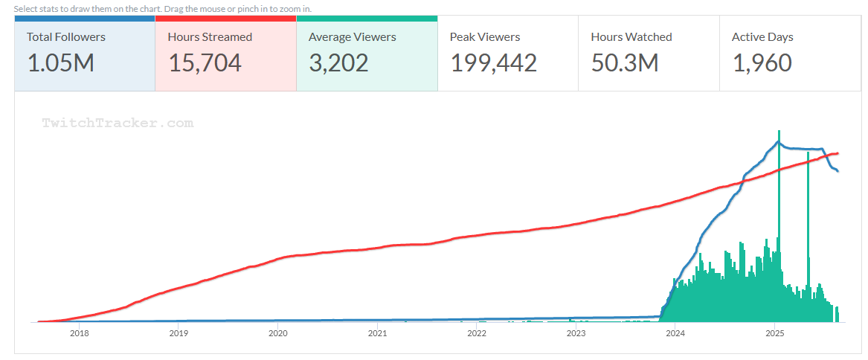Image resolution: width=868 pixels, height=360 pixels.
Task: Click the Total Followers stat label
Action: pos(66,36)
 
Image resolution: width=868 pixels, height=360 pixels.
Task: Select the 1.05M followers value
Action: pos(61,63)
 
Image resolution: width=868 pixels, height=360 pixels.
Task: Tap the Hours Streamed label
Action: pos(210,36)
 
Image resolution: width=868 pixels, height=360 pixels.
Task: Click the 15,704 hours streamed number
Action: pos(205,63)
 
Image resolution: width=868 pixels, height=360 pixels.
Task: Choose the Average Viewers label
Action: pos(353,36)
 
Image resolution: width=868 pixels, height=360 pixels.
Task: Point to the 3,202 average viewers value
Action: pos(338,63)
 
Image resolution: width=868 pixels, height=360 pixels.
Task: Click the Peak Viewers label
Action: pos(485,36)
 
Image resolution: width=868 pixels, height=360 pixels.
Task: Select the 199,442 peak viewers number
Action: pos(494,63)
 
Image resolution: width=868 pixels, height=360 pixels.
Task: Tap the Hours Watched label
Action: pos(631,36)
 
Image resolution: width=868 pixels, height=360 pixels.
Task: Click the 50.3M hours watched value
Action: pos(625,63)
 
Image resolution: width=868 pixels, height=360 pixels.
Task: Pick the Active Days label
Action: pos(762,36)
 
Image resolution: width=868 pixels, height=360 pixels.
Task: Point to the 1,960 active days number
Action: pos(762,63)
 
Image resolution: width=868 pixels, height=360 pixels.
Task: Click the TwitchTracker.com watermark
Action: pos(118,123)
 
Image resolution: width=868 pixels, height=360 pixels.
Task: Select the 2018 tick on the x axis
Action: pos(79,333)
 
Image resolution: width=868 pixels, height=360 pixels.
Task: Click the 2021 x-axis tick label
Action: pos(377,333)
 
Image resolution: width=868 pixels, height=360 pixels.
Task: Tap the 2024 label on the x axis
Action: pos(675,333)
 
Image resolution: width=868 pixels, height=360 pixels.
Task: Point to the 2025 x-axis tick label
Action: pos(775,333)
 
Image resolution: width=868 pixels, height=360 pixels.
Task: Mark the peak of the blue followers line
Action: pos(778,141)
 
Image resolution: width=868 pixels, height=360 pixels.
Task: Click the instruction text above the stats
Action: pos(162,8)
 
